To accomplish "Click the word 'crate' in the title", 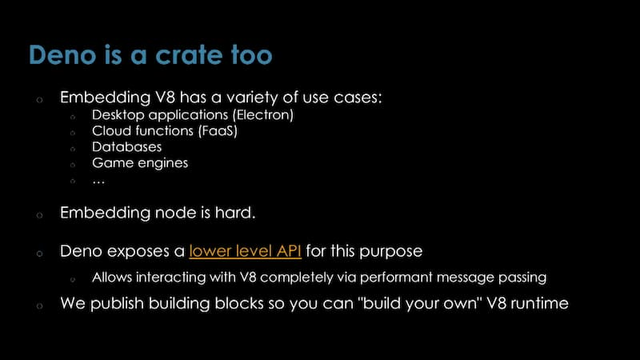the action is pos(190,55).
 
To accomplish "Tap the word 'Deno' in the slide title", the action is pos(62,54).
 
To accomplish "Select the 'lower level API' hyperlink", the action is pos(246,251).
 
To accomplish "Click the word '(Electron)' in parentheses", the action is pos(263,115).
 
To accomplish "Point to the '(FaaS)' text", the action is pos(218,131).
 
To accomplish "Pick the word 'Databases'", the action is pos(127,147).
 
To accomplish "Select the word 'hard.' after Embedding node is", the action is pos(235,213).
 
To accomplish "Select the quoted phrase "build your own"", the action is pos(420,304).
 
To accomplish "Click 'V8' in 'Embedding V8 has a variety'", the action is pos(165,98).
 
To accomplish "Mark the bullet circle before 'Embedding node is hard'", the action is pos(39,215).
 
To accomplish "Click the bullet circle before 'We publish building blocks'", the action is pos(39,306).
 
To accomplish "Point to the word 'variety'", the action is pos(252,98).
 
